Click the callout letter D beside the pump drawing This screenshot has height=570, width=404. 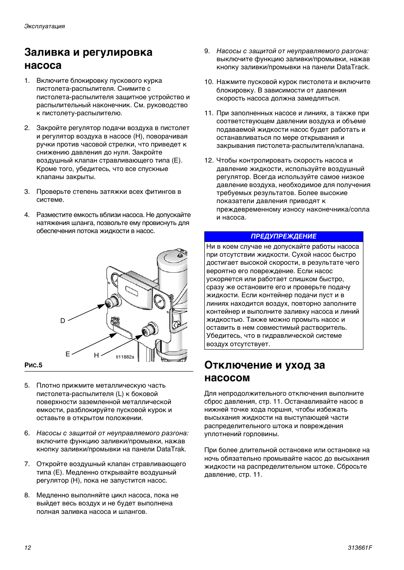coord(63,321)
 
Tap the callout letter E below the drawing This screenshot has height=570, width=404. coord(67,354)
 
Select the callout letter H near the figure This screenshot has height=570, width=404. coord(96,356)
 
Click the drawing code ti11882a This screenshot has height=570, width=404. coord(125,357)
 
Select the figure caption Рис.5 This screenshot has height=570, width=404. coord(33,366)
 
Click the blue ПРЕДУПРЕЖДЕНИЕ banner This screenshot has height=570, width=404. coord(283,236)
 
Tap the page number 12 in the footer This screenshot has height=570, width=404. coord(27,548)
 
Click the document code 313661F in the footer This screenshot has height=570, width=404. coord(360,548)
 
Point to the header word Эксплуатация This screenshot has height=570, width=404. coord(44,26)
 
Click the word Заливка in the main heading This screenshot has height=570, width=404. coord(47,52)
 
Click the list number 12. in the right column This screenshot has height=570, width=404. coord(209,160)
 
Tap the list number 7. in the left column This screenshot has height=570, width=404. coord(27,464)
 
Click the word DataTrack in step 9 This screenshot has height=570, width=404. coord(353,67)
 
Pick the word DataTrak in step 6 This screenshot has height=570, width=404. coord(171,449)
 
